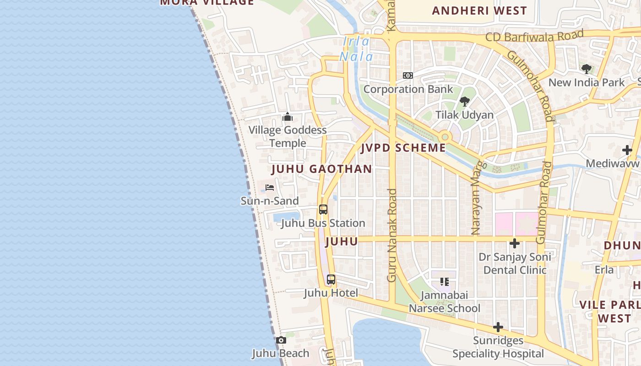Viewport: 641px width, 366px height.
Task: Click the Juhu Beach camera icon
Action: (281, 340)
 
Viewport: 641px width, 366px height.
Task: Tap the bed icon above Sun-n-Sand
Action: (270, 188)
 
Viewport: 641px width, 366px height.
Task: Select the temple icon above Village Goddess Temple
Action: (288, 117)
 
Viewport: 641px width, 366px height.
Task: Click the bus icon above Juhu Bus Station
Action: (323, 210)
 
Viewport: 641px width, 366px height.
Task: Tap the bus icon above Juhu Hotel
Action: (331, 279)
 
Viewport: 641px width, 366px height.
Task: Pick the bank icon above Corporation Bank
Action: (407, 75)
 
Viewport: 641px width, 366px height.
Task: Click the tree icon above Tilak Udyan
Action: (464, 101)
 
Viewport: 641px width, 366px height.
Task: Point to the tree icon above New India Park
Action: (586, 69)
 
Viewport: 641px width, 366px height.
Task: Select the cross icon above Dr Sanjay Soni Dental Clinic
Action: (515, 243)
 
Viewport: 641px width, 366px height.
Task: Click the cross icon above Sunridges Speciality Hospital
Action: (498, 327)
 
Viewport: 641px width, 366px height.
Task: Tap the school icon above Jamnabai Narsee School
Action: (444, 281)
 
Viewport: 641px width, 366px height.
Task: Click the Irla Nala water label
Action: (356, 49)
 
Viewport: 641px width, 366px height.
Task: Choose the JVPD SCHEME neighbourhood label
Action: (403, 148)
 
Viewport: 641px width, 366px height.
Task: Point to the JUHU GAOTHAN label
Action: (322, 169)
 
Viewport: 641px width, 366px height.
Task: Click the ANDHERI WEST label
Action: (479, 11)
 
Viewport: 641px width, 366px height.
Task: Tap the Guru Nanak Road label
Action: (392, 236)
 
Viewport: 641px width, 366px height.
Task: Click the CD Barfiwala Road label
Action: (534, 36)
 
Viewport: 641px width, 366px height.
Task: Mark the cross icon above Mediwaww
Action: (627, 150)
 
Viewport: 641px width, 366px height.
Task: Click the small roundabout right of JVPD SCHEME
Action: (444, 137)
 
